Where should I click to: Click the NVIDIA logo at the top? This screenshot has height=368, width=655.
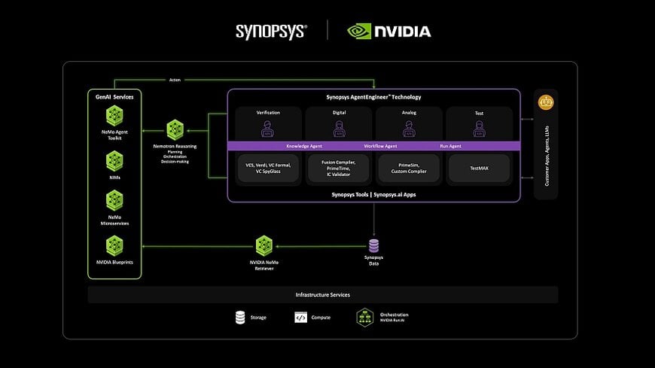pos(388,31)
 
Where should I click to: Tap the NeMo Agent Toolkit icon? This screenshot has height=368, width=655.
pos(114,115)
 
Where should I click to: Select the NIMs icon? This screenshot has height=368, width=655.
pos(114,160)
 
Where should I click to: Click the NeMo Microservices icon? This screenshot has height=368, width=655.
pos(114,199)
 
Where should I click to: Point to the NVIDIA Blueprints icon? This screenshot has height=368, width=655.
pos(114,245)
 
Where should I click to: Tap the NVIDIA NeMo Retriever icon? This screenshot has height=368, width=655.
pos(264,245)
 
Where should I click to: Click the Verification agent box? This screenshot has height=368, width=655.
pos(268,123)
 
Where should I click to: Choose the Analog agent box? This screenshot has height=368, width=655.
pos(409,123)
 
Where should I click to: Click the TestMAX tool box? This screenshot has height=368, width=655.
pos(479,169)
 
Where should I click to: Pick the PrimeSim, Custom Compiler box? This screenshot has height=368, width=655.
pos(409,169)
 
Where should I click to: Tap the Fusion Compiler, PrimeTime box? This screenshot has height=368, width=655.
pos(338,169)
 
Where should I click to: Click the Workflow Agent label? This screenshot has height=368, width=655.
pos(380,146)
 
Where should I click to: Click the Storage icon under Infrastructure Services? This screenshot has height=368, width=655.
pos(240,318)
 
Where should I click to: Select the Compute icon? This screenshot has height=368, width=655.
pos(300,318)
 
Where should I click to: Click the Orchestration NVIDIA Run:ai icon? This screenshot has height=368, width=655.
pos(364,318)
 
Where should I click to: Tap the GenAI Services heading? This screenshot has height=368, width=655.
pos(114,97)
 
